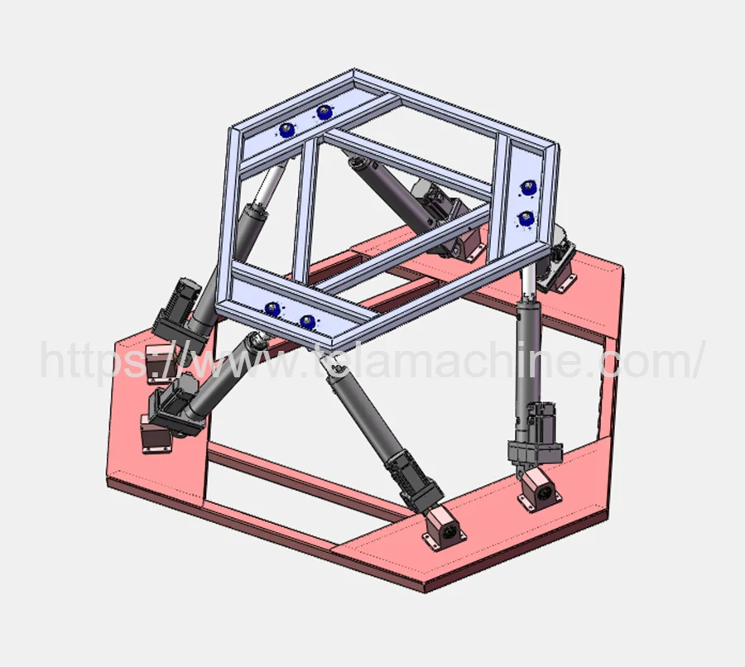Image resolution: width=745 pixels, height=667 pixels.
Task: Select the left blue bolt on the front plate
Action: (271, 309)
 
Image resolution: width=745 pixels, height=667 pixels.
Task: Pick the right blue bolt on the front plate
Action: (308, 321)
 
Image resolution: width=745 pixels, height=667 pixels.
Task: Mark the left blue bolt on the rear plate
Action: (287, 128)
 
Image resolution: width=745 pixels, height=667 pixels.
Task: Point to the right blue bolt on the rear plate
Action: (323, 112)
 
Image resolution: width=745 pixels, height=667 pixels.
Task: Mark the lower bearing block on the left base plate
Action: (156, 434)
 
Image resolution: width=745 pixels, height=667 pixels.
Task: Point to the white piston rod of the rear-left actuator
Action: (267, 188)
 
